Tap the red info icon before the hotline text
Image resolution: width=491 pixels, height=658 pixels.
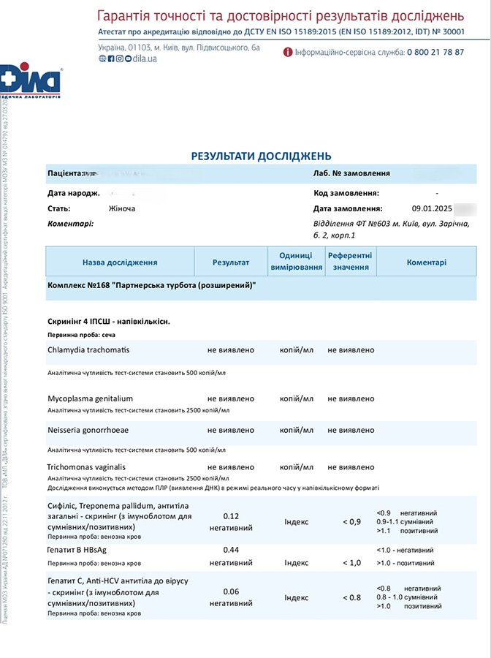[x=288, y=52]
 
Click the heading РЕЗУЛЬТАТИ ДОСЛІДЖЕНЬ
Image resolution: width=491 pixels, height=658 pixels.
[x=261, y=156]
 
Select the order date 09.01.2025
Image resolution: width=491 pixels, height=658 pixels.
[x=431, y=208]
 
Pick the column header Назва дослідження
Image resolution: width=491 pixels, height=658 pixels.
[x=120, y=262]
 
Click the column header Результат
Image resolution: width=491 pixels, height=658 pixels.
[x=231, y=262]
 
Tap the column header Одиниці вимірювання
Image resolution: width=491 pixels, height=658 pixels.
[x=297, y=262]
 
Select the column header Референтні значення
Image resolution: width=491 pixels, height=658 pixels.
[x=350, y=262]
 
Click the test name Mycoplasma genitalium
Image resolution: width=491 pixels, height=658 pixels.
[x=91, y=399]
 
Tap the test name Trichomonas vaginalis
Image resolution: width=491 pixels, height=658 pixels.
[x=87, y=467]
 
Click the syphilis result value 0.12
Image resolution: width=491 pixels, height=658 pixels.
[x=231, y=516]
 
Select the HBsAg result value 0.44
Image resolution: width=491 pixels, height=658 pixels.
[x=231, y=550]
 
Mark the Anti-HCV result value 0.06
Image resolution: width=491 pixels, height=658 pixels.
[x=231, y=591]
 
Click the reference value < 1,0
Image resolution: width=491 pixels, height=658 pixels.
[x=351, y=562]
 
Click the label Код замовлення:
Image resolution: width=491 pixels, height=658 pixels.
[x=346, y=193]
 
